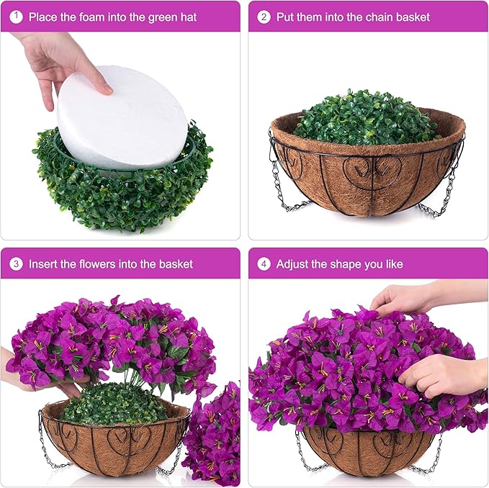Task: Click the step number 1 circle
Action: pyautogui.click(x=16, y=17)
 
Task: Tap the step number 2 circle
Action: pyautogui.click(x=264, y=17)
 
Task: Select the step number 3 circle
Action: pyautogui.click(x=16, y=264)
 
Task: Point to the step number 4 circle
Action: pyautogui.click(x=264, y=264)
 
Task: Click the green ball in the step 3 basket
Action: pyautogui.click(x=114, y=404)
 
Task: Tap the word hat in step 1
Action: pyautogui.click(x=189, y=17)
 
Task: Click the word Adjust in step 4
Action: pyautogui.click(x=292, y=265)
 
